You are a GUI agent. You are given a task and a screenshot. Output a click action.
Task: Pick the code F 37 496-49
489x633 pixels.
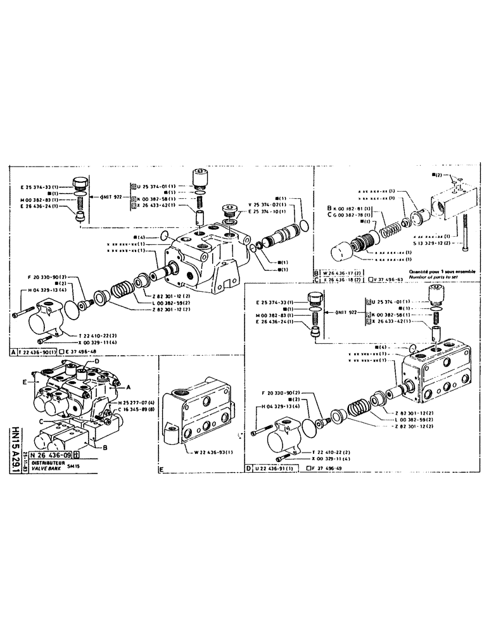(327, 468)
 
